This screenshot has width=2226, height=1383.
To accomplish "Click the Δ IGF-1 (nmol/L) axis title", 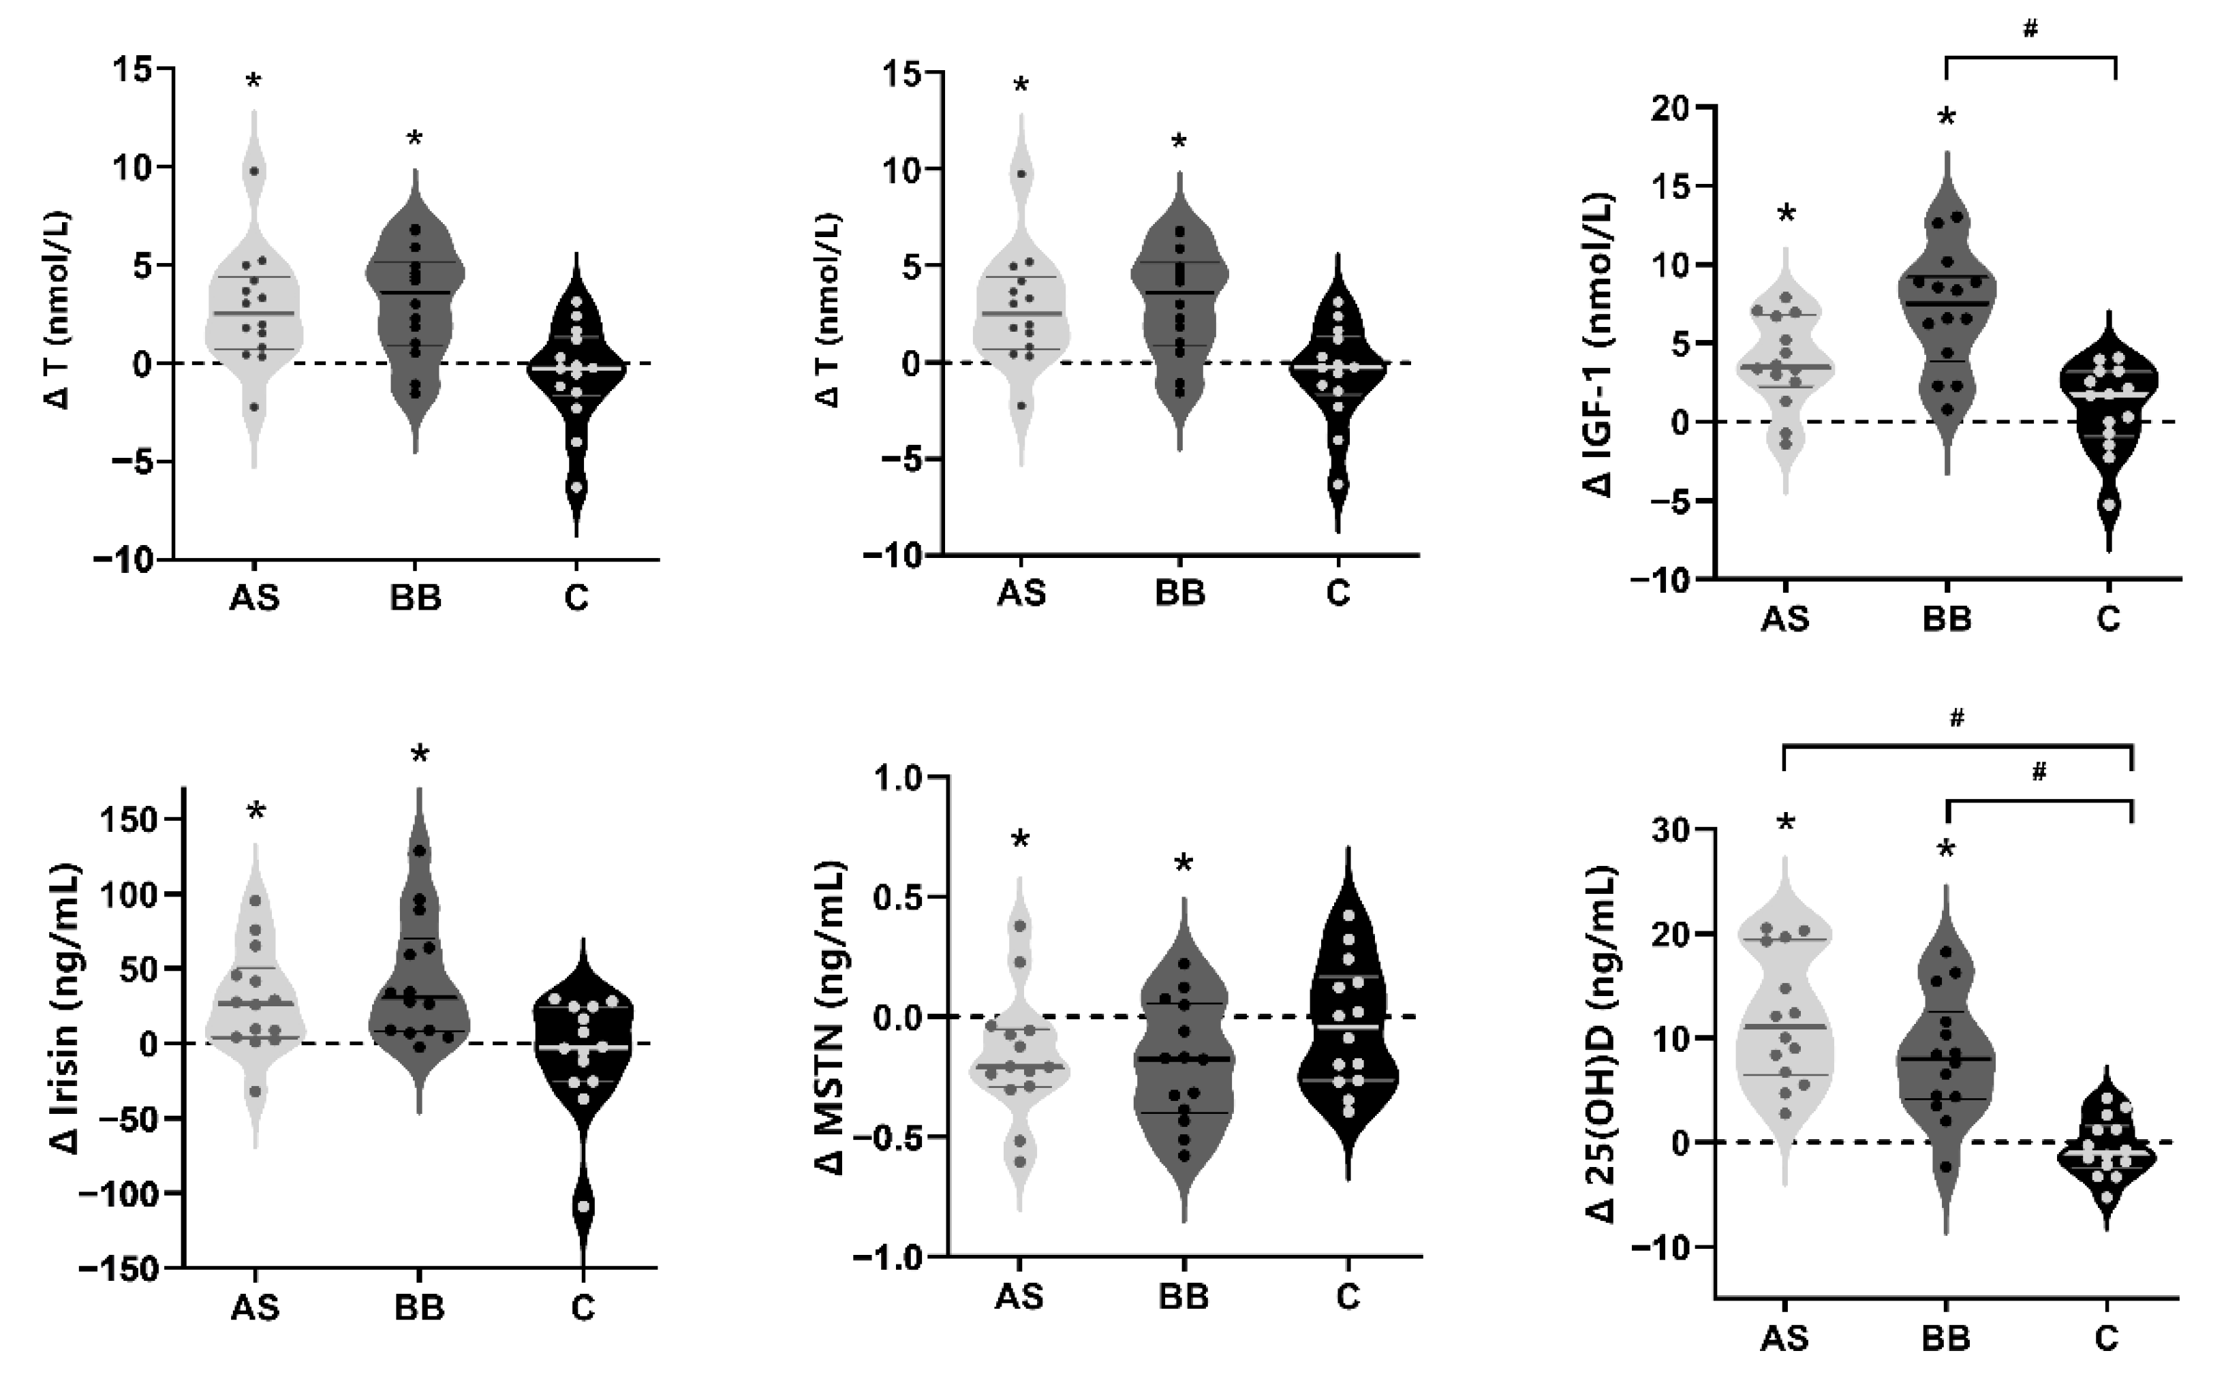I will click(x=1600, y=344).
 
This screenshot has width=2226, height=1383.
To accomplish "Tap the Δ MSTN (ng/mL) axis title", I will click(x=831, y=1017).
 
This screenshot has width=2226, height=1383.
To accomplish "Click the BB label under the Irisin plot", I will click(x=419, y=1307).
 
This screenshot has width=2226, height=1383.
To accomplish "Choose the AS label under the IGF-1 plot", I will click(x=1784, y=619).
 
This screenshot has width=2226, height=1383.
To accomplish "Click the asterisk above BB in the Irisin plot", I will click(x=419, y=756).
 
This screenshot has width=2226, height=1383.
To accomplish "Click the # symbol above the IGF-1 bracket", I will click(x=2029, y=29).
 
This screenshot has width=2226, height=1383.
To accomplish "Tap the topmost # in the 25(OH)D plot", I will click(x=1956, y=719).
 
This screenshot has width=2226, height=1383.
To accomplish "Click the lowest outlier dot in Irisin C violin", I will click(x=583, y=1207).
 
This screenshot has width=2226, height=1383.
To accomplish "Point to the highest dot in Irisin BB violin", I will click(x=420, y=851).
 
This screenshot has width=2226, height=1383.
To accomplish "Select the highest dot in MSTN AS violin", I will click(x=1021, y=926).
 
